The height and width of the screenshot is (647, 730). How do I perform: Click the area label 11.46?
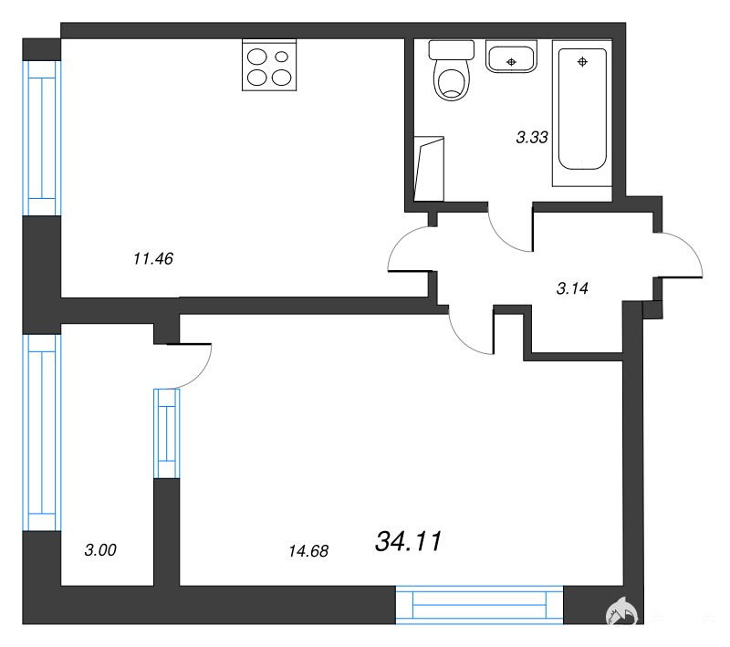pos(153,258)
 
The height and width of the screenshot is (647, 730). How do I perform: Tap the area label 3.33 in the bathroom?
pos(532,137)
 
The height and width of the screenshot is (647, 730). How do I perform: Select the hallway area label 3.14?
pos(572,288)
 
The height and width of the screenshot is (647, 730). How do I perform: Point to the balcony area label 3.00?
pos(100,550)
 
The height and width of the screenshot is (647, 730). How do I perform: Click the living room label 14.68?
pos(308,551)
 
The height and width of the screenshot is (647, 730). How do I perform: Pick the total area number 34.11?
pos(408,541)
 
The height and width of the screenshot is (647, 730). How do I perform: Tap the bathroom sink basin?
pos(511,57)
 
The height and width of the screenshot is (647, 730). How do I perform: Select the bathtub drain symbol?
pos(582,61)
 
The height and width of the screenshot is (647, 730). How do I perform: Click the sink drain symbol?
pos(511,62)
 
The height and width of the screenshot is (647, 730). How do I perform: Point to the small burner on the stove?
pos(282,57)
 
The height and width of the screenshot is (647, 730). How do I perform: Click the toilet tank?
pos(451,49)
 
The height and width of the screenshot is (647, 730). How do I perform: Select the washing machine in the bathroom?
pos(429,169)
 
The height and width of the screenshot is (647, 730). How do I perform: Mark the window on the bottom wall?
pos(479,605)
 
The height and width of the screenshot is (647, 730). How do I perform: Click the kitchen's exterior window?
pos(42,138)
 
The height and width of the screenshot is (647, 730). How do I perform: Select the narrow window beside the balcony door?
pos(167,433)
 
